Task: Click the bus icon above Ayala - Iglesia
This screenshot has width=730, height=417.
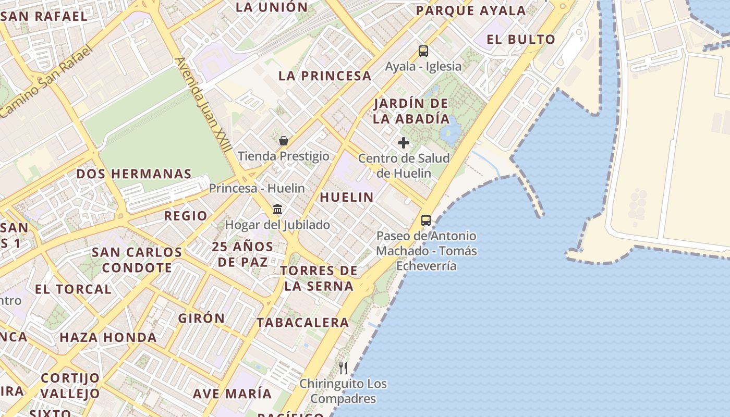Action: (x=423, y=51)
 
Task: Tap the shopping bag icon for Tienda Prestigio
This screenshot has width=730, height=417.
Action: (x=284, y=141)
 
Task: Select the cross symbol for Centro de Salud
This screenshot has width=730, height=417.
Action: (x=404, y=143)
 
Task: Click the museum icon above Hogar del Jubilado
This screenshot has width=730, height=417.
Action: (x=277, y=210)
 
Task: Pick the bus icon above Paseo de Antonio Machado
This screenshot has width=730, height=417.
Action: (x=426, y=220)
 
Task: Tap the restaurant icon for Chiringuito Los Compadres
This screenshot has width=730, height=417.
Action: (x=343, y=368)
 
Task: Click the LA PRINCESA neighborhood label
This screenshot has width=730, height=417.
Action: (x=325, y=76)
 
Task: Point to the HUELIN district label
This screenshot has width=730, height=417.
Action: (x=347, y=197)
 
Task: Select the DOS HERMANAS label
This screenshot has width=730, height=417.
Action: (x=134, y=174)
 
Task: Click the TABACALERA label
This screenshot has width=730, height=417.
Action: (x=303, y=322)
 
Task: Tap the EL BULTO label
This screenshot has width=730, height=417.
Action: (x=521, y=39)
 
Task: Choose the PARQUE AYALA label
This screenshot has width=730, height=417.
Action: (x=471, y=10)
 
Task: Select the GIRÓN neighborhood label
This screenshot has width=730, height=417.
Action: (x=201, y=318)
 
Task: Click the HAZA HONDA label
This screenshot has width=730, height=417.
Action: (x=108, y=337)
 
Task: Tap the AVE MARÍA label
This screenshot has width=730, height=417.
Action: (x=233, y=394)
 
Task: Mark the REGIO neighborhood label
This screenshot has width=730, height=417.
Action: (x=186, y=216)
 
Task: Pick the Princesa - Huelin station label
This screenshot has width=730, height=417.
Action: (x=257, y=188)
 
